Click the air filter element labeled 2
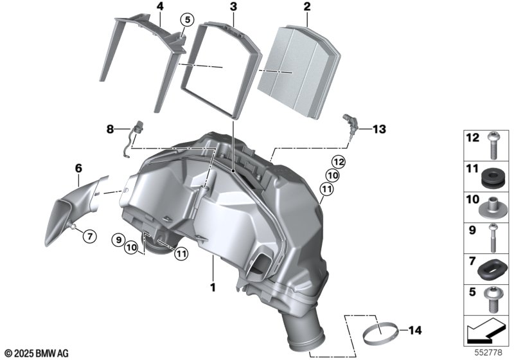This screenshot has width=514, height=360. [x=298, y=72]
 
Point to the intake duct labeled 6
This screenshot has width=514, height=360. [x=77, y=210]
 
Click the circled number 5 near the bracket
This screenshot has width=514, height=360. [x=187, y=20]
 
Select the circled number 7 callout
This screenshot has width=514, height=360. [x=90, y=236]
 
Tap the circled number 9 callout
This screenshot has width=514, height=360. [x=118, y=240]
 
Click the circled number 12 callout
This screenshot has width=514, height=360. [x=339, y=161]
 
